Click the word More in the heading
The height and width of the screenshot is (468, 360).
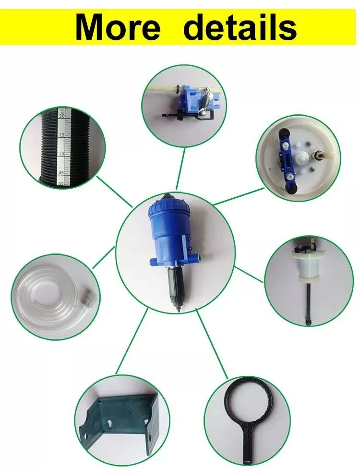coord(117,28)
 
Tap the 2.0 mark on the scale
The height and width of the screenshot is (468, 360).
coord(62,116)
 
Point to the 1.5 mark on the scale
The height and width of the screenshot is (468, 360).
coord(61,135)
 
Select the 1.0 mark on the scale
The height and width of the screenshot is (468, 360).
coord(61,154)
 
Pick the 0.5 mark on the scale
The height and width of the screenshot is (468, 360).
coord(61,173)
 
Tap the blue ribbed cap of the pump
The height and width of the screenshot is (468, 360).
coord(168,208)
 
